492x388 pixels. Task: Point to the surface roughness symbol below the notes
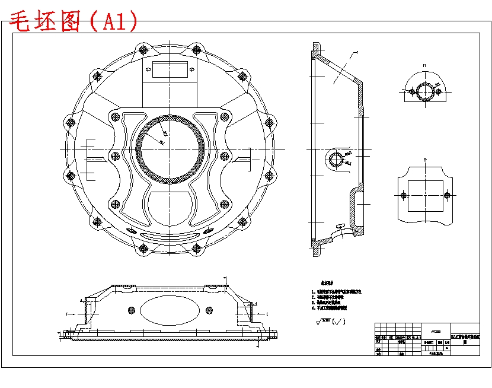coord(328,322)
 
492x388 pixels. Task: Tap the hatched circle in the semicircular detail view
coord(424,91)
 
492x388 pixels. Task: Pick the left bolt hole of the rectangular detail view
coord(404,195)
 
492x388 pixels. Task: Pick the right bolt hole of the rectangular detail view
coord(448,195)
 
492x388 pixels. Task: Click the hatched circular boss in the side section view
coord(336,159)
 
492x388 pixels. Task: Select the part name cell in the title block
coord(465,339)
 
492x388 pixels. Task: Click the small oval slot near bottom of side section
coord(339,226)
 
